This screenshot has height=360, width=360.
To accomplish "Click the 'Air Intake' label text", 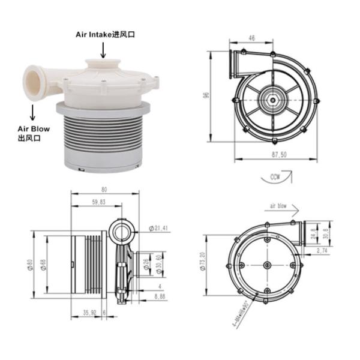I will pyautogui.click(x=104, y=34).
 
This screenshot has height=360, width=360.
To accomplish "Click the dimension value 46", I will pyautogui.click(x=251, y=38).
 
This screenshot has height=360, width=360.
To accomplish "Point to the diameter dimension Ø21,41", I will pyautogui.click(x=161, y=229).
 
